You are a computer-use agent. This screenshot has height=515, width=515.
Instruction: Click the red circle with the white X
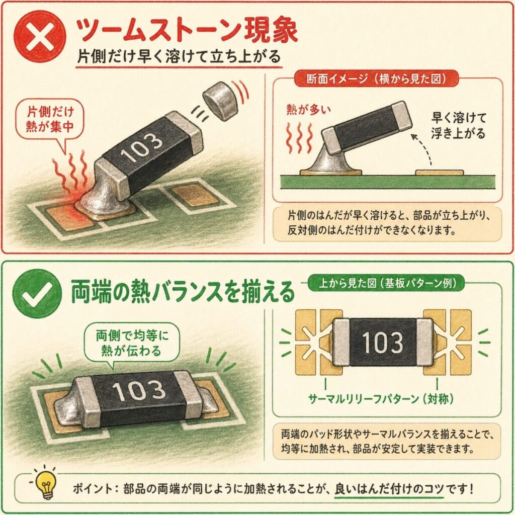(39, 36)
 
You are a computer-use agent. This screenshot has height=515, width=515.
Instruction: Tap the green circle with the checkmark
(37, 293)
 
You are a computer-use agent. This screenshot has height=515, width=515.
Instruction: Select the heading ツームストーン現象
(187, 31)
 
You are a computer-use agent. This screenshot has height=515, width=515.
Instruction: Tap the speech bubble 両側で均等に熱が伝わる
(132, 344)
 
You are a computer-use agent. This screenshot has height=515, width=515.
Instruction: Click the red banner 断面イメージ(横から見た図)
(376, 79)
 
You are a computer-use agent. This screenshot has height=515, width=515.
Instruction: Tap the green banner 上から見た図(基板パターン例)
(387, 283)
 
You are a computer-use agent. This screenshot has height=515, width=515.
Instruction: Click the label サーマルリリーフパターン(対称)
(381, 399)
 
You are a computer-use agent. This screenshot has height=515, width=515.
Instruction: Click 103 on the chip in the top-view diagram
(383, 342)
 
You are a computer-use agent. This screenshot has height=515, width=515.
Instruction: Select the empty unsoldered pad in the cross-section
(440, 173)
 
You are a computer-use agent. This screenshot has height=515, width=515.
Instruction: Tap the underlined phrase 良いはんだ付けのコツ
(390, 489)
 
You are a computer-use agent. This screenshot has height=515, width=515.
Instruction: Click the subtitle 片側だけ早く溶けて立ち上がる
(179, 56)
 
